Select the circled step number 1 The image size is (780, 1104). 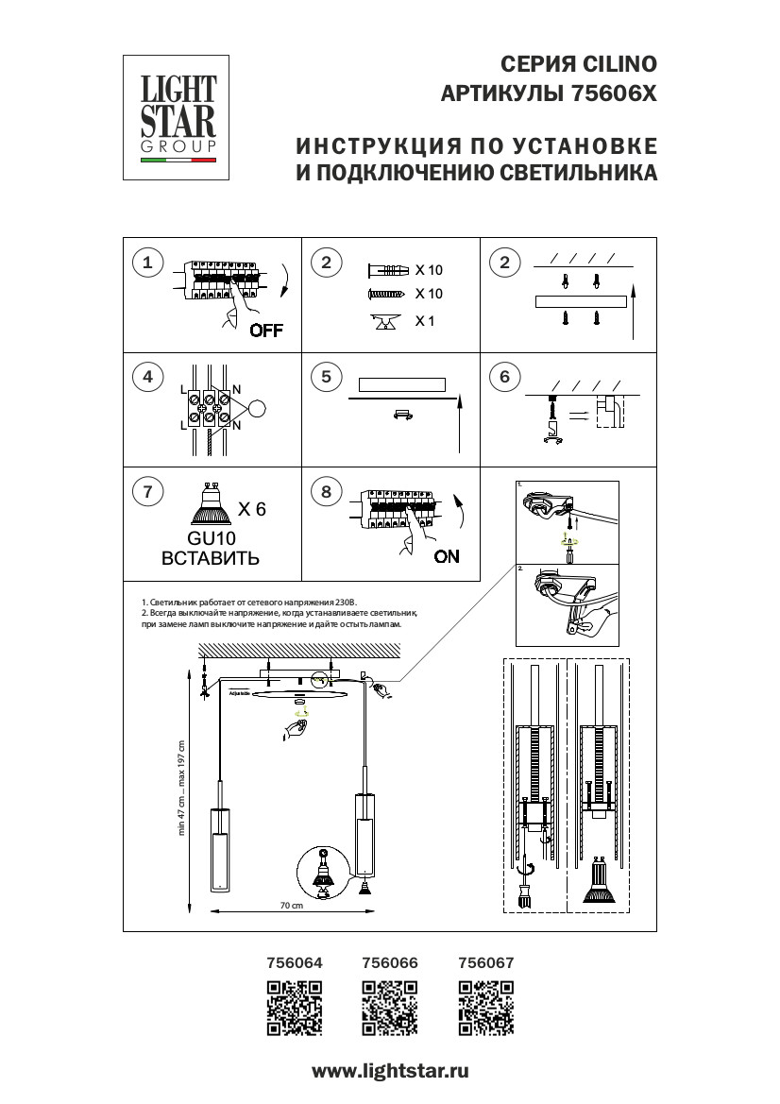[146, 263]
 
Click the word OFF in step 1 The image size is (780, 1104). [266, 331]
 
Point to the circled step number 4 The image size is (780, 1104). [146, 378]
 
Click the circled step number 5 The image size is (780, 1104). [326, 378]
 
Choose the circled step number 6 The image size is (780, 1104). [504, 378]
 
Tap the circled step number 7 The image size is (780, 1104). [146, 492]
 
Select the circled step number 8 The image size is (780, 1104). [326, 492]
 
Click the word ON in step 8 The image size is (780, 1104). [447, 556]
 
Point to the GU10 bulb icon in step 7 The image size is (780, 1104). [210, 506]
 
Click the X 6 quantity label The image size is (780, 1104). [252, 509]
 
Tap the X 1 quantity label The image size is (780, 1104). [425, 321]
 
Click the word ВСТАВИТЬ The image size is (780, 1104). [211, 557]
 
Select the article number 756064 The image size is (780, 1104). [296, 963]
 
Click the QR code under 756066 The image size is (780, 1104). [390, 1009]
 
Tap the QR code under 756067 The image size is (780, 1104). [485, 1009]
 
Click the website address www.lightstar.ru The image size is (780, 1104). [390, 1071]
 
